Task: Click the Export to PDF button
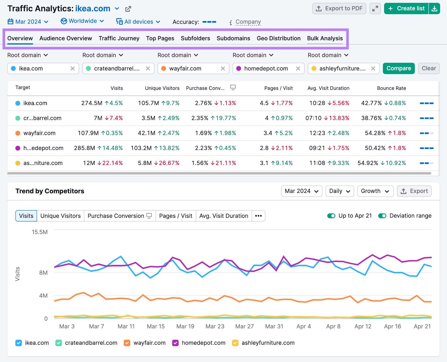coord(339,8)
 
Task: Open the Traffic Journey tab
coord(119,38)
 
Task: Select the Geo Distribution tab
coord(279,38)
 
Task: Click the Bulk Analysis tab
coord(325,38)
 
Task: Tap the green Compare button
coord(398,68)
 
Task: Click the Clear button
coord(429,68)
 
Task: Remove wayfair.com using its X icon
coord(223,68)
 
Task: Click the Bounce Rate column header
coord(391,88)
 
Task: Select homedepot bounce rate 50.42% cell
coord(375,148)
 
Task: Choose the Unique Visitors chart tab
coord(60,216)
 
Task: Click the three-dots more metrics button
coord(258,216)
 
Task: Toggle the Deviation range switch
coord(382,216)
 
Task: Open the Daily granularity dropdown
coord(339,191)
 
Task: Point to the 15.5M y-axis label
coord(40,232)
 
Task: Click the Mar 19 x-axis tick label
coord(185,326)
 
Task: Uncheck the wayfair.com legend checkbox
coord(127,343)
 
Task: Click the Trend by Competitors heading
coord(50,191)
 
